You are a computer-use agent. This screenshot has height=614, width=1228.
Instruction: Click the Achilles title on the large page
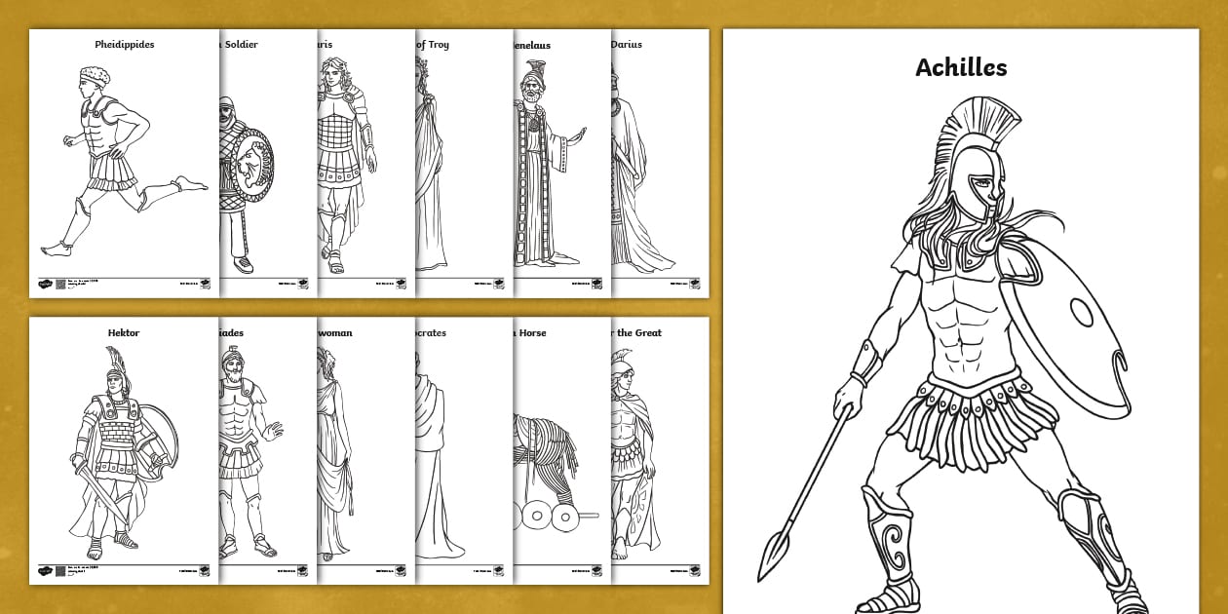[x=960, y=67]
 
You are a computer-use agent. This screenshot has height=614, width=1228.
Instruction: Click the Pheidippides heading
[x=124, y=45]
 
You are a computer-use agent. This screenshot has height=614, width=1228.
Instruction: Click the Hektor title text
[x=124, y=333]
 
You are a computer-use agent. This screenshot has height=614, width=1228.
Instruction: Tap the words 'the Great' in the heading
[x=641, y=333]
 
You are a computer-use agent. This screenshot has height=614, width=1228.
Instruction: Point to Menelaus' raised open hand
[x=581, y=134]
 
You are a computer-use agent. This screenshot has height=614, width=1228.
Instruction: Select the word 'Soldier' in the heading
[x=241, y=45]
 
